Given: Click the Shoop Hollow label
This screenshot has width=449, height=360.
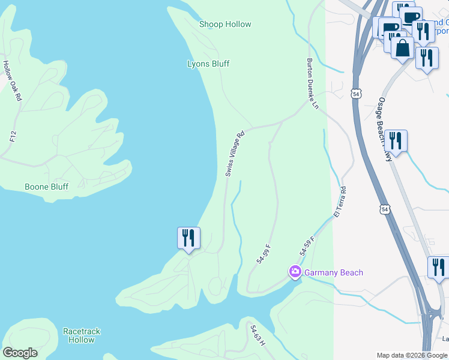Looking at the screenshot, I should tap(225, 25).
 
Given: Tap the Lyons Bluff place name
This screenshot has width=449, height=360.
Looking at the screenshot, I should tap(208, 64).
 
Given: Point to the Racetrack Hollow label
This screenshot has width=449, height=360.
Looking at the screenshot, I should tap(82, 335).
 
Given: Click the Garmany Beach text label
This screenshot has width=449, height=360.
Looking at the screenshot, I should tap(334, 273).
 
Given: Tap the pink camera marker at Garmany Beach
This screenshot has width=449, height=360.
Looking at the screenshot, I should tap(295, 272).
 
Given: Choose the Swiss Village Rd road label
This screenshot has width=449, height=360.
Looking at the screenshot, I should tap(235, 154).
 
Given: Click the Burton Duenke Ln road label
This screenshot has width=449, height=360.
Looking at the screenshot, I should tap(312, 83).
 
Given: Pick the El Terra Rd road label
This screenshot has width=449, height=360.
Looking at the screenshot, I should tap(340, 202).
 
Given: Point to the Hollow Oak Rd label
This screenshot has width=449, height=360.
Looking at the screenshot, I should tap(12, 80).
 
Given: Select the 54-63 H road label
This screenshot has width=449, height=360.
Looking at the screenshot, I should tap(258, 335).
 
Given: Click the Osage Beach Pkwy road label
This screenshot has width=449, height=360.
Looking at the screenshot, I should tap(385, 129).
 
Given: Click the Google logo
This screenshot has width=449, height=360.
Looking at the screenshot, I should tap(20, 353).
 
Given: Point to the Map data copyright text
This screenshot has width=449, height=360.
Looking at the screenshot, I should tap(412, 355).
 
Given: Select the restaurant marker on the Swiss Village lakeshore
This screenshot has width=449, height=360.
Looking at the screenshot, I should tap(188, 238).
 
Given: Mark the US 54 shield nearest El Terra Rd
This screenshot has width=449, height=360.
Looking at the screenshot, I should tap(385, 209).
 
